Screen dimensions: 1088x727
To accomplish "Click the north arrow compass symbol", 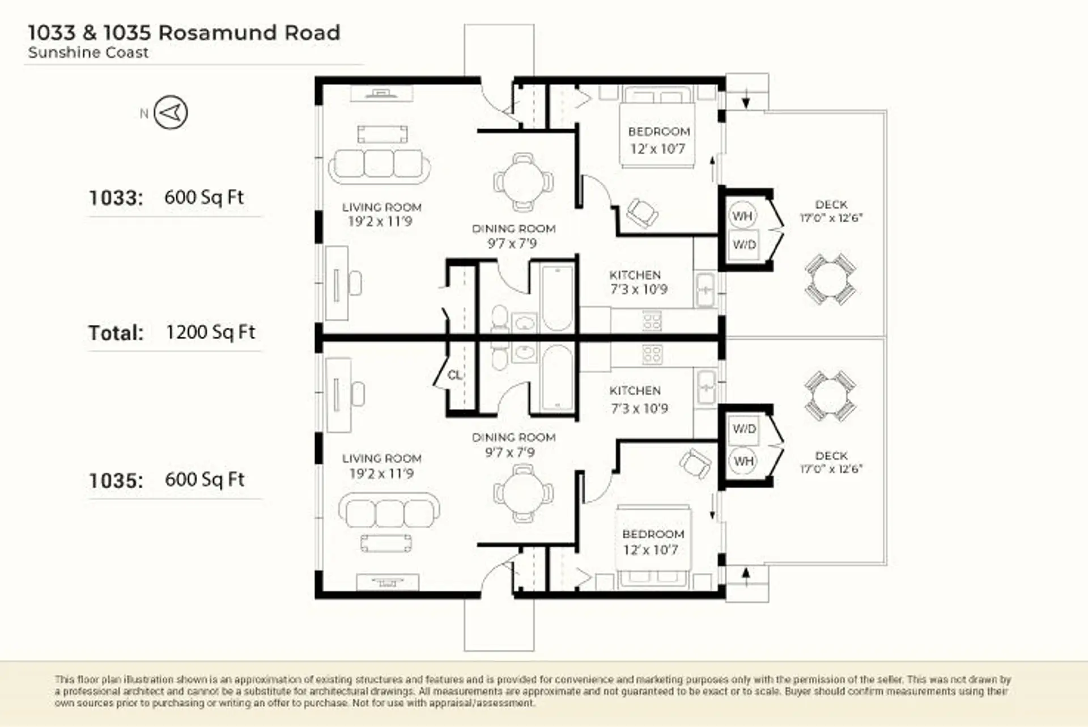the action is tap(171, 112).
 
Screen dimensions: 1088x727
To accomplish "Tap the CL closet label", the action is tap(454, 375).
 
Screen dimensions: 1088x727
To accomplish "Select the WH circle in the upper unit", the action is tap(742, 216).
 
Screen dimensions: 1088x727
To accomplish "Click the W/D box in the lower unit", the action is tap(743, 429).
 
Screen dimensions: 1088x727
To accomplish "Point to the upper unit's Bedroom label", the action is tap(658, 140).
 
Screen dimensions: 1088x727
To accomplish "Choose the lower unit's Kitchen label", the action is tap(639, 399).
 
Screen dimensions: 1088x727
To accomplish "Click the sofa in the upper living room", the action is tap(379, 167).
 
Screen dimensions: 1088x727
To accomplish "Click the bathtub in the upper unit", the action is tap(557, 298).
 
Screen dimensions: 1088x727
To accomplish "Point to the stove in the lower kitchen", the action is tap(652, 355).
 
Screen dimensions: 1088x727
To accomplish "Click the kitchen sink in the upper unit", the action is tap(705, 290).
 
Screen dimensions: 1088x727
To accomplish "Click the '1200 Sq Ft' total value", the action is tap(211, 332).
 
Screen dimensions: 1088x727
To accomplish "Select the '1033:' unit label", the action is tap(116, 198).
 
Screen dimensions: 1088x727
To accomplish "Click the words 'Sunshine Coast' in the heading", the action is tap(88, 53).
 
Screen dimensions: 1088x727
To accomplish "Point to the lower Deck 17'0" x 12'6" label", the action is tap(831, 462).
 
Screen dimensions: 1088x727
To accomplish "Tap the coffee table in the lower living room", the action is tap(386, 543).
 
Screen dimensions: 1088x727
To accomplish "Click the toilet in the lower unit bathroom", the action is tap(499, 355).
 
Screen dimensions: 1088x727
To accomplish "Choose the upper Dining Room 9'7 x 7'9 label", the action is tap(513, 236).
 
